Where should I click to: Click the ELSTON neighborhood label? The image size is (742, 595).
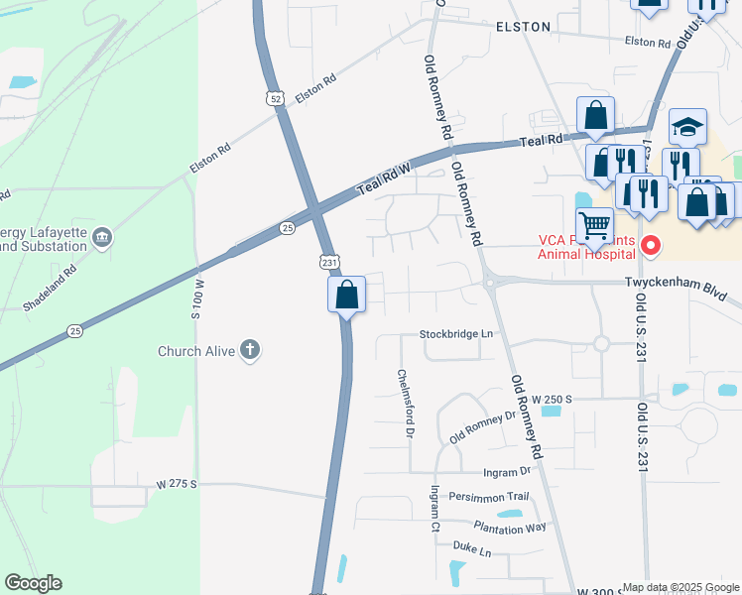(523, 27)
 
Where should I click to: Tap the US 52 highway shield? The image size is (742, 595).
(274, 96)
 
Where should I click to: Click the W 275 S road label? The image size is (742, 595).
(178, 484)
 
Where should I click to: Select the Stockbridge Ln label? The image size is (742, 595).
(456, 334)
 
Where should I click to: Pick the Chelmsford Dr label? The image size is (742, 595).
(405, 403)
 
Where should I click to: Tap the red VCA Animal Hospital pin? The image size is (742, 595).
(651, 243)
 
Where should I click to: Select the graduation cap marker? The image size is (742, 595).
(687, 126)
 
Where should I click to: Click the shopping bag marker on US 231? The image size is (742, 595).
(346, 294)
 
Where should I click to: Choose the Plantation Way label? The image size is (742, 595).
(510, 527)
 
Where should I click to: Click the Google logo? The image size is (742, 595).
(33, 583)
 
